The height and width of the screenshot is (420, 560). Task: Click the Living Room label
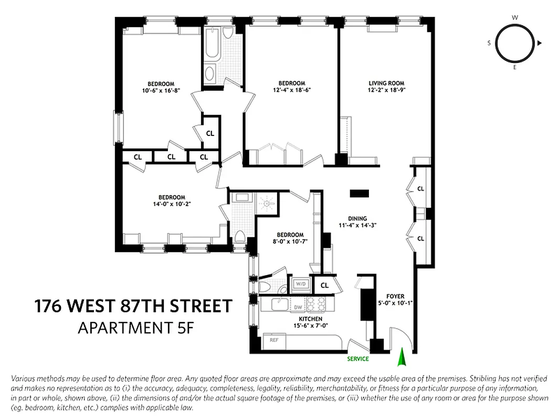(x=386, y=83)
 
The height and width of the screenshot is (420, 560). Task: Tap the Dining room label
(x=357, y=218)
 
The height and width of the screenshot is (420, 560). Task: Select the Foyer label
(x=395, y=296)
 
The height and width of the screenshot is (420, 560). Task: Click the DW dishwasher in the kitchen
(x=298, y=307)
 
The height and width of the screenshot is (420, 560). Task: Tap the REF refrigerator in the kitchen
(x=273, y=340)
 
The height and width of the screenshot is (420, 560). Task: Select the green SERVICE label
(x=357, y=359)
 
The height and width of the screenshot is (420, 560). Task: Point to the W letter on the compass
(x=515, y=17)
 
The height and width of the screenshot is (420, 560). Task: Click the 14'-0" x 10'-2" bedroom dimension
(x=172, y=204)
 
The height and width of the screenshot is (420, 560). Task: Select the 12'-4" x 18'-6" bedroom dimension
(x=291, y=90)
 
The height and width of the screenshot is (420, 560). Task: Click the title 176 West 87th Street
(x=133, y=306)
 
